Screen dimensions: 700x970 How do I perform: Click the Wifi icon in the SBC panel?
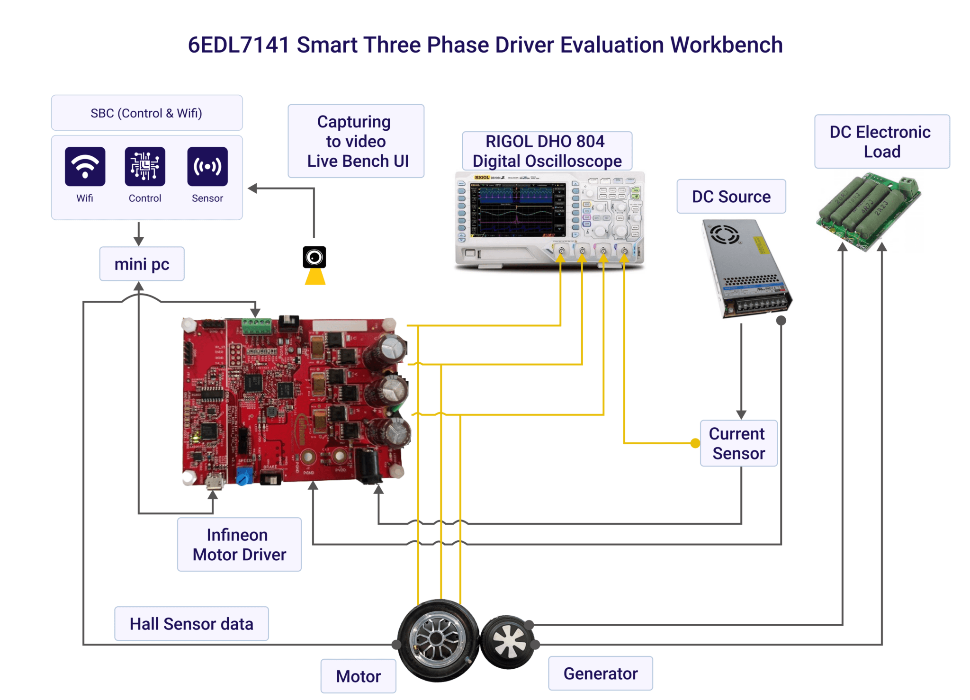85,166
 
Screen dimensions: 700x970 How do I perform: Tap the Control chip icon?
145,166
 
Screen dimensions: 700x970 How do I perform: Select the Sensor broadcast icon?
207,166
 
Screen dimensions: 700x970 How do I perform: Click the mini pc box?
142,264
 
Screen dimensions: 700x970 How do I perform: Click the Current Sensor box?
738,443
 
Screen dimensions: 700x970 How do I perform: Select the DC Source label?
731,197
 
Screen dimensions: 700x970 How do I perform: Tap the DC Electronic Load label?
881,142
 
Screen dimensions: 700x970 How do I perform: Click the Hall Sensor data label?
191,624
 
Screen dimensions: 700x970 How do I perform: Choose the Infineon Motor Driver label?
239,545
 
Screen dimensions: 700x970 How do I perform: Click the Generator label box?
600,673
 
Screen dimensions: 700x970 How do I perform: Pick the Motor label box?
358,676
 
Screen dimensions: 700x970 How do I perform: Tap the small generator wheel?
508,642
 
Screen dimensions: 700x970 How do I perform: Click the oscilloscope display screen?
516,211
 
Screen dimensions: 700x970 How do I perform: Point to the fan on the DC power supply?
724,234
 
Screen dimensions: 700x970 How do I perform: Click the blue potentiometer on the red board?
244,475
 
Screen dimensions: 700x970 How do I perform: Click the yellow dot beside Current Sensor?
695,443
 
